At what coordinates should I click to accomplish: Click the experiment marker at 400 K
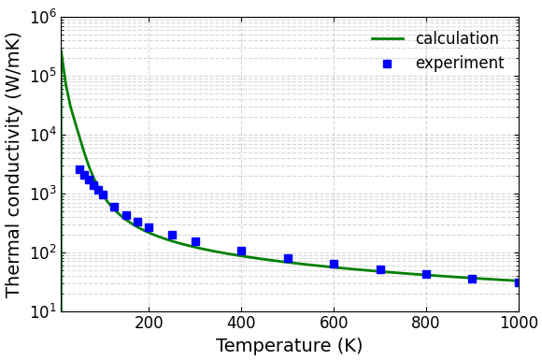coord(241,251)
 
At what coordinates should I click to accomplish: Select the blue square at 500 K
coord(288,258)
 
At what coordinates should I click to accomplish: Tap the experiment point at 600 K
coord(334,264)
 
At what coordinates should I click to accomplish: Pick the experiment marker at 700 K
coord(380,269)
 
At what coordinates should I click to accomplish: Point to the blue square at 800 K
coord(426,274)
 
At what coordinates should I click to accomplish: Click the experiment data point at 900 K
coord(472,279)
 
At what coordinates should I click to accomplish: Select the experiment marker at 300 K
coord(195,241)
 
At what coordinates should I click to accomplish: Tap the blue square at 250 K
coord(172,235)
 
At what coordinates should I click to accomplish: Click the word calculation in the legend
coord(457,38)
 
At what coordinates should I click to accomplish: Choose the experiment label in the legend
coord(459,64)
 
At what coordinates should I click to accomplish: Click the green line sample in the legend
coord(388,39)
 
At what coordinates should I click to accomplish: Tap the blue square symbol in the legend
coord(388,64)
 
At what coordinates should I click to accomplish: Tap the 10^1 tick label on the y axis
coord(43,310)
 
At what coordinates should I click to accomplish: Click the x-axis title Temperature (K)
coord(289,346)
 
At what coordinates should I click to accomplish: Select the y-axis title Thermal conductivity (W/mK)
coord(14,165)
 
